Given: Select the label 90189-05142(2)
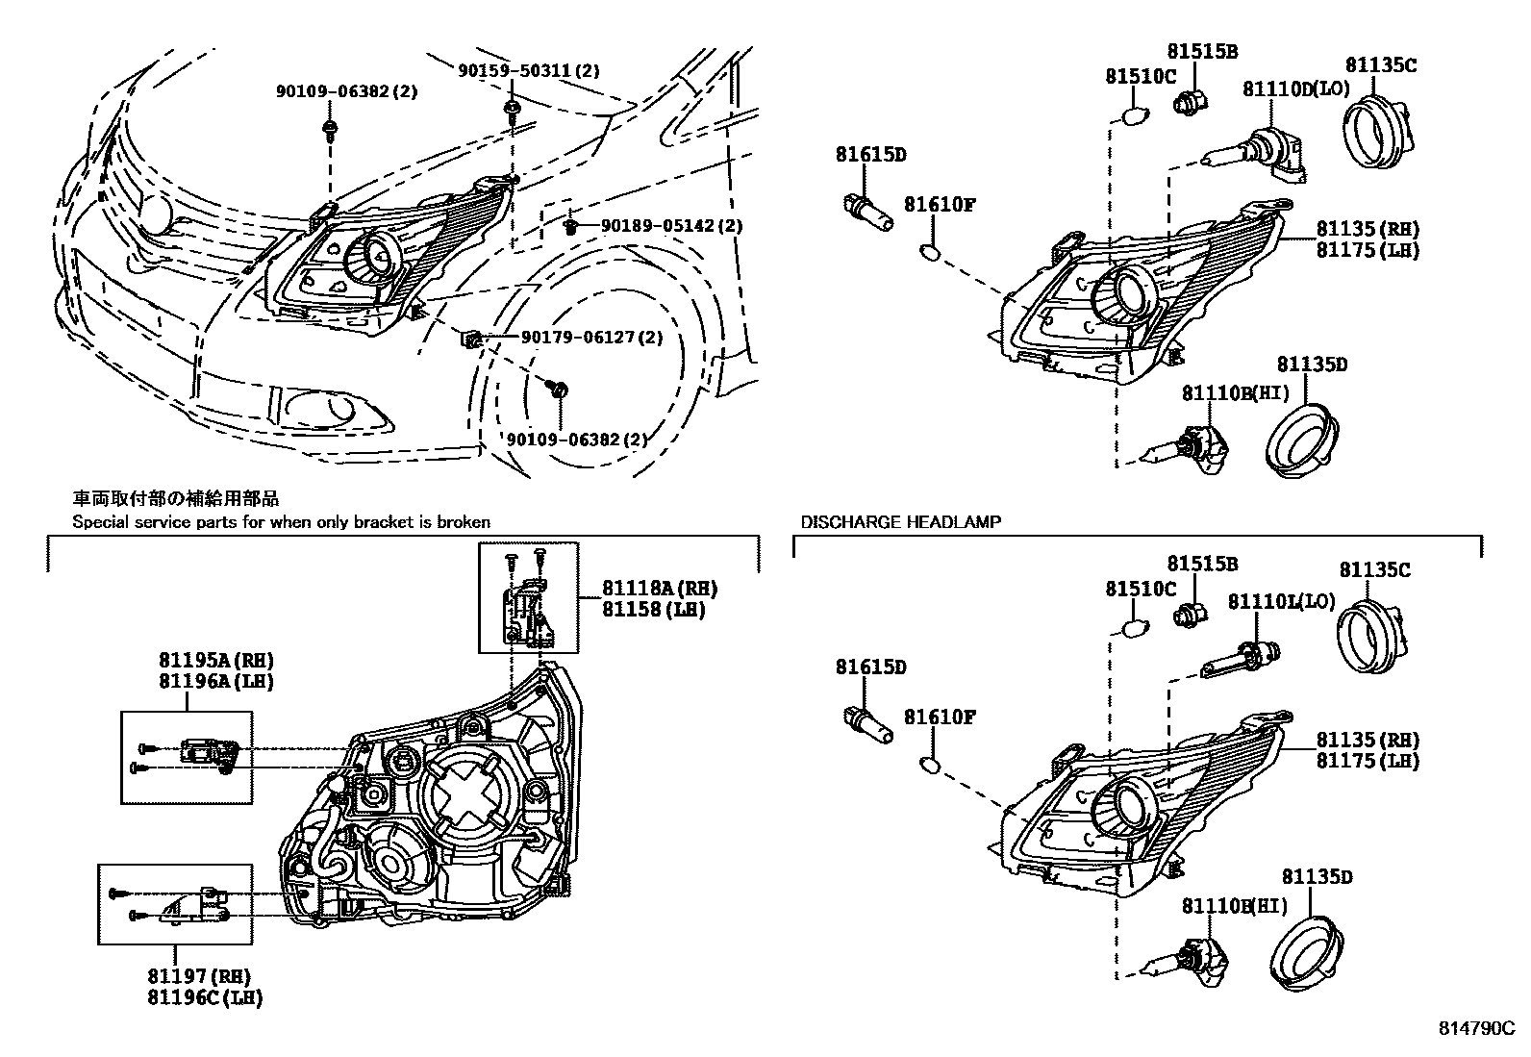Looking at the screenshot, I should pyautogui.click(x=672, y=225).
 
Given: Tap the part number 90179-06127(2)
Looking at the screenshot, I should pyautogui.click(x=591, y=338).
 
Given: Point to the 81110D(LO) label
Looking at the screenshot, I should pyautogui.click(x=1295, y=88).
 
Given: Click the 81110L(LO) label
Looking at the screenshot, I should pyautogui.click(x=1281, y=601).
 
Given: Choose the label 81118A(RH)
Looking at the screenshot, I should pyautogui.click(x=660, y=589).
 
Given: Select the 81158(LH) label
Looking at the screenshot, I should pyautogui.click(x=654, y=610).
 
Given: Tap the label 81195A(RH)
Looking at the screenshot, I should pyautogui.click(x=216, y=661).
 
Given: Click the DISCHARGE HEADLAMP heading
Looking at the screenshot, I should pyautogui.click(x=900, y=522).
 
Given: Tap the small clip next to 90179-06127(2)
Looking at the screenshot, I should pyautogui.click(x=471, y=339).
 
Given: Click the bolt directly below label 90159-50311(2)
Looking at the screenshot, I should pyautogui.click(x=512, y=104).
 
